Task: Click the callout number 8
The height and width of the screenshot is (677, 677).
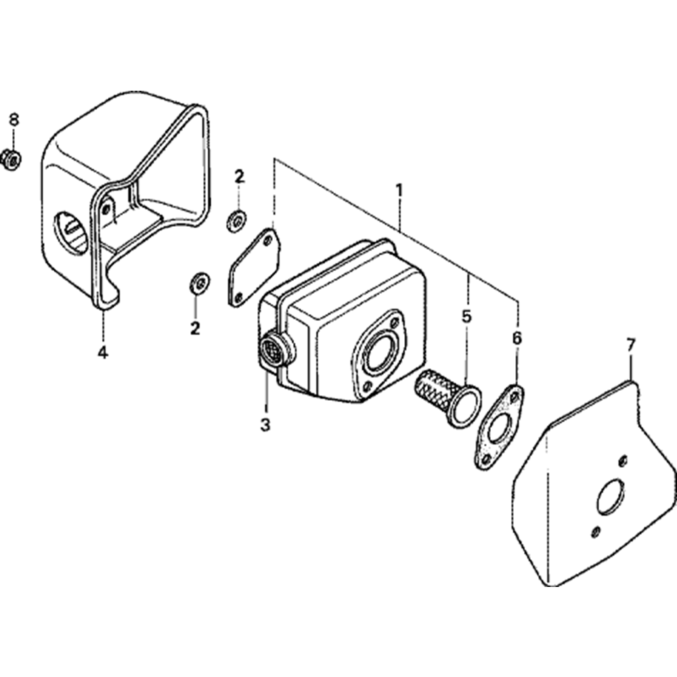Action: click(14, 120)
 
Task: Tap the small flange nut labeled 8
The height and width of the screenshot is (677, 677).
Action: click(12, 160)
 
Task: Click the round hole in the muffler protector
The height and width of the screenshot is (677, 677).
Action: click(70, 232)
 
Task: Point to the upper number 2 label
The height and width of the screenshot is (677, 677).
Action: click(239, 177)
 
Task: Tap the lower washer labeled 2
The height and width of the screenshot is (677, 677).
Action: click(200, 283)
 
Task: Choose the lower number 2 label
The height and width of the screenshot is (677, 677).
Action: click(195, 328)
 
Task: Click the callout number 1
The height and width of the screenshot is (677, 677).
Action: click(399, 190)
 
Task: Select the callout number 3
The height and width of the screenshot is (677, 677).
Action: click(265, 425)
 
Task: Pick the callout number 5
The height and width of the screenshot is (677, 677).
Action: click(466, 316)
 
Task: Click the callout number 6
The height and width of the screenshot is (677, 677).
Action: click(517, 338)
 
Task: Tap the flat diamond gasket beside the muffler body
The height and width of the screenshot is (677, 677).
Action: click(254, 267)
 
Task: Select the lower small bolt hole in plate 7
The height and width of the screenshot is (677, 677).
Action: click(595, 532)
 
